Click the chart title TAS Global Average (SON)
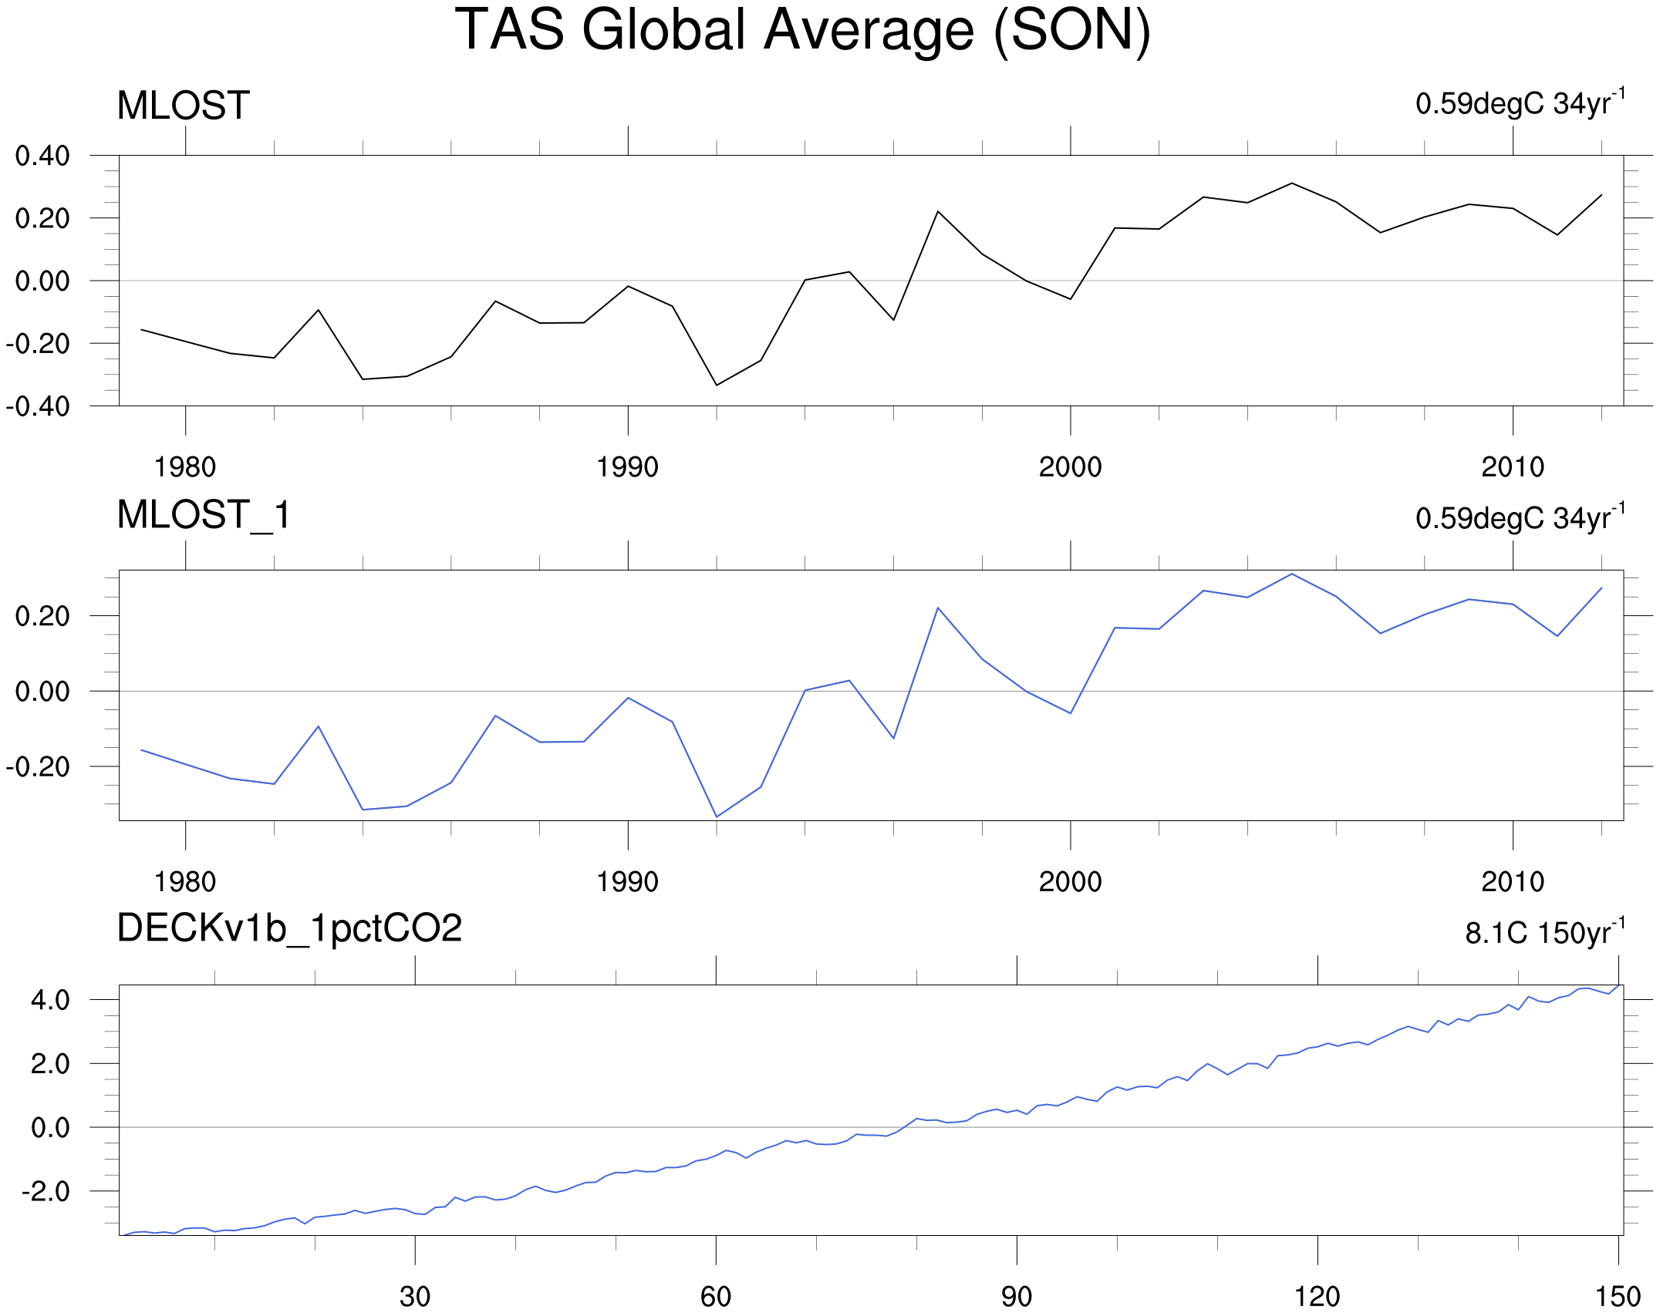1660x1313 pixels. click(802, 31)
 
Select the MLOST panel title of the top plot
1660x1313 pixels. click(184, 106)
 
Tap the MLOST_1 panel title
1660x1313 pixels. click(204, 515)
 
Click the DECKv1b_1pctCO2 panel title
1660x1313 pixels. click(289, 928)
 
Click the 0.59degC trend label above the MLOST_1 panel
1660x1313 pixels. click(1520, 517)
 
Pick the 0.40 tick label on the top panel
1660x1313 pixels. click(42, 156)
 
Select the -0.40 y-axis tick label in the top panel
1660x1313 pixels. click(38, 406)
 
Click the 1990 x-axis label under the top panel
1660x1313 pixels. click(627, 467)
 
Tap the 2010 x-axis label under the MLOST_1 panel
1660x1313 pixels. click(1513, 882)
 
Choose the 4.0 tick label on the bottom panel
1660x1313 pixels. click(50, 1000)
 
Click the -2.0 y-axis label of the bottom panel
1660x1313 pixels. click(46, 1192)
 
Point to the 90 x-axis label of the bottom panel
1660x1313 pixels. click(1016, 1297)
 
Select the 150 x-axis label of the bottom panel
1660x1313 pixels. click(1618, 1297)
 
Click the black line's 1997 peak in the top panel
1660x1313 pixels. click(938, 211)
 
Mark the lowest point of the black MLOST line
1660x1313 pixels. click(717, 385)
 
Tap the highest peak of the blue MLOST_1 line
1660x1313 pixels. click(1292, 574)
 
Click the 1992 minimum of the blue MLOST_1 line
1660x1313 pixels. click(717, 816)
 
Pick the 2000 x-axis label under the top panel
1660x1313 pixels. click(1070, 467)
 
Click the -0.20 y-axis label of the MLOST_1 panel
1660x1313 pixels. click(38, 767)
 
